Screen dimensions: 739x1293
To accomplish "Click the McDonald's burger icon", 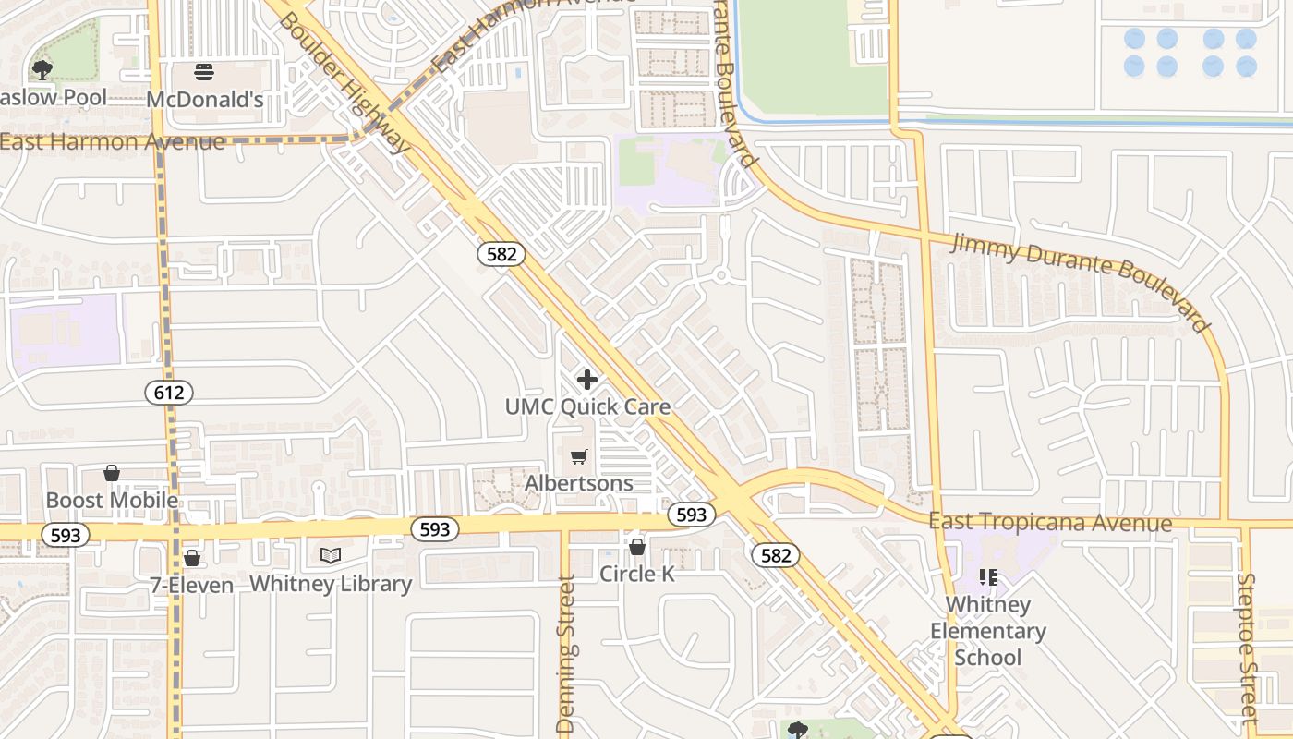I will (204, 71).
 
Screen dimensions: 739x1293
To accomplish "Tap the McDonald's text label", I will (205, 100).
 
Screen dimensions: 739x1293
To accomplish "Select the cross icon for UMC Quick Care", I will (586, 380).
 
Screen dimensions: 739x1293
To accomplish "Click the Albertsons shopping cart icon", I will (579, 456).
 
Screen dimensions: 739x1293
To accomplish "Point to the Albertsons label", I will (579, 483).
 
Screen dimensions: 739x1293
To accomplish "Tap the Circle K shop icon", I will (636, 547).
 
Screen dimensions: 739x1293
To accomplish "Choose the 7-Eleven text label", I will (192, 585).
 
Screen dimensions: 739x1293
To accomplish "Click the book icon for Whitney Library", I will (331, 555).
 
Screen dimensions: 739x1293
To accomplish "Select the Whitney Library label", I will (331, 584).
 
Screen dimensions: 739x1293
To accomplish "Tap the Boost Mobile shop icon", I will (112, 473).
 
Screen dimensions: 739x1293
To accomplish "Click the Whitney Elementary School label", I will (987, 631).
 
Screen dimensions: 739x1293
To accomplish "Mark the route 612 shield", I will (169, 393).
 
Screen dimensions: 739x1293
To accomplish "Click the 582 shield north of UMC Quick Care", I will (501, 254).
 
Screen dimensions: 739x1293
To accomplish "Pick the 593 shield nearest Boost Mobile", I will (66, 535).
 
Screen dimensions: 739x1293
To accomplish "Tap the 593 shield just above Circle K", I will (691, 515).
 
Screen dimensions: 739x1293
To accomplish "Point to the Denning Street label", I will (566, 654).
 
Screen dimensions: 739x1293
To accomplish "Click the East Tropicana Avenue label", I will (1050, 523).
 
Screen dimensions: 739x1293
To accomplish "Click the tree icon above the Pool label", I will (42, 69).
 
